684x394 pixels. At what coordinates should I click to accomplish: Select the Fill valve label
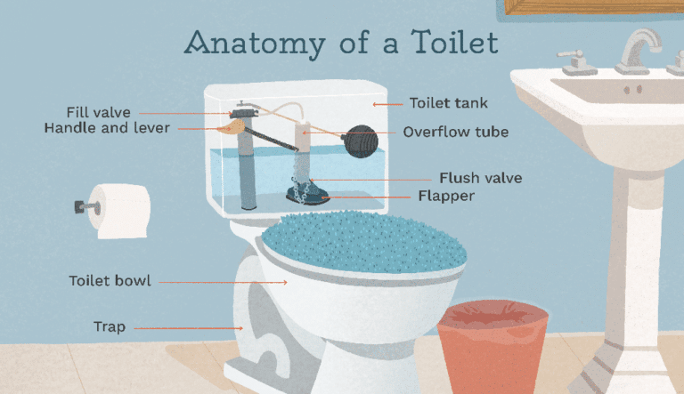(99, 112)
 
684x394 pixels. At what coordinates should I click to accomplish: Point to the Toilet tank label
(448, 104)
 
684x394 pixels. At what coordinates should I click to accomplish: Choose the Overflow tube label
(455, 132)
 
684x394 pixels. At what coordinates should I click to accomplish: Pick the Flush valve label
(480, 178)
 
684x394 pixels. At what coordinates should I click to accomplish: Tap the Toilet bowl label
(110, 281)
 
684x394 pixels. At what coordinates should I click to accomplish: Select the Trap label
(110, 326)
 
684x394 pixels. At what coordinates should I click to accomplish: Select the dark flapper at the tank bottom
(308, 190)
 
